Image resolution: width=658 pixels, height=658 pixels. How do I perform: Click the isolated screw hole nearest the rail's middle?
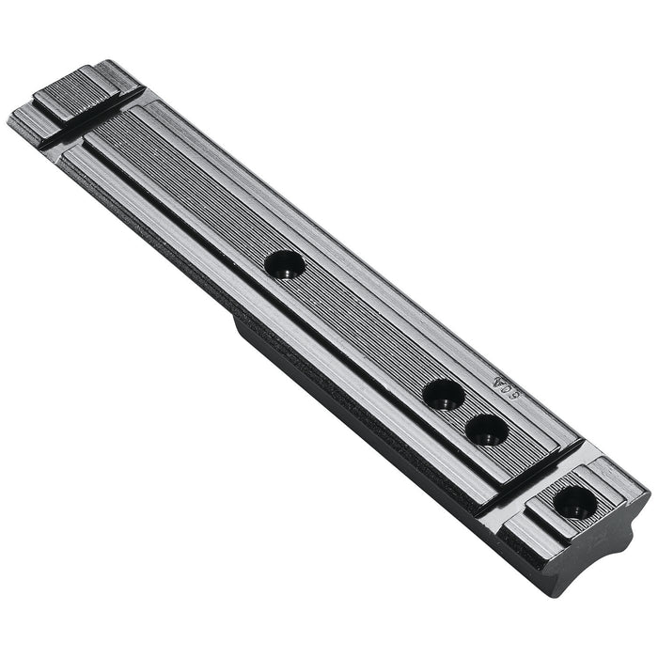(284, 264)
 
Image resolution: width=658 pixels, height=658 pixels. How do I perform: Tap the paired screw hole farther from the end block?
(443, 394)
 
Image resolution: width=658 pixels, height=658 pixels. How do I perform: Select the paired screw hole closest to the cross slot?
(487, 429)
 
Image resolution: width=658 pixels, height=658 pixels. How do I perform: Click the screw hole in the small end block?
(574, 503)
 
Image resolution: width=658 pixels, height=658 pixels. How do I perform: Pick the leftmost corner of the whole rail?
(9, 119)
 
